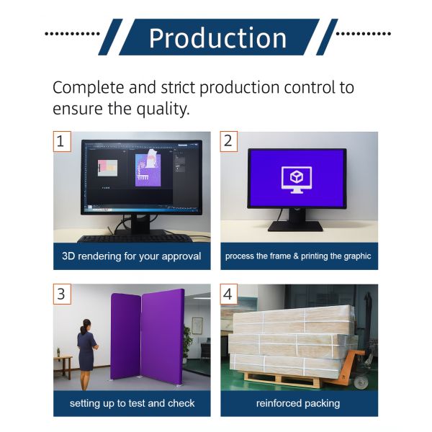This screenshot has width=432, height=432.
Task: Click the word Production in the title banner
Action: click(217, 37)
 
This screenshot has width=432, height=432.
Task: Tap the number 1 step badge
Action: click(63, 141)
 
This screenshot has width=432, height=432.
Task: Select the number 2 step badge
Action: click(230, 141)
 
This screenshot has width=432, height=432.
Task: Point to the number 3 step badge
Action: click(63, 294)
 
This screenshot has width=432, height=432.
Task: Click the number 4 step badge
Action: click(230, 294)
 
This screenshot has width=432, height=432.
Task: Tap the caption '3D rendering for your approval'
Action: click(132, 256)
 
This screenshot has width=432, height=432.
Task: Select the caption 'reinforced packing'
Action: click(298, 403)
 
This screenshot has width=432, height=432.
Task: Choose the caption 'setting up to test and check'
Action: click(132, 403)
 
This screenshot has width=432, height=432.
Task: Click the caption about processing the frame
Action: click(298, 256)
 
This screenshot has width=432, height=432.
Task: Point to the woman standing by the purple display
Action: click(86, 346)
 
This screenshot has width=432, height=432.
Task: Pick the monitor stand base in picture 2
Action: click(295, 226)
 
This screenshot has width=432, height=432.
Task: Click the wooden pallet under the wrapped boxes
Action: click(288, 377)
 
